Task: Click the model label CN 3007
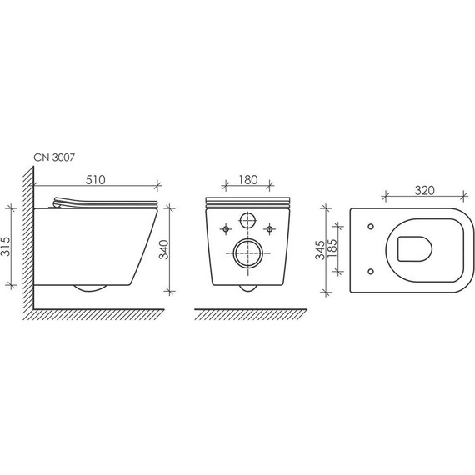tap(55, 156)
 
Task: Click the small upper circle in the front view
tap(247, 222)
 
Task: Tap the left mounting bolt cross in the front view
tap(225, 227)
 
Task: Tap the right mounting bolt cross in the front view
tap(270, 227)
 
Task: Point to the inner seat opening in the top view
tap(414, 247)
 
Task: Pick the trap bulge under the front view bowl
tap(247, 288)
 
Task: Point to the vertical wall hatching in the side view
tap(29, 242)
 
